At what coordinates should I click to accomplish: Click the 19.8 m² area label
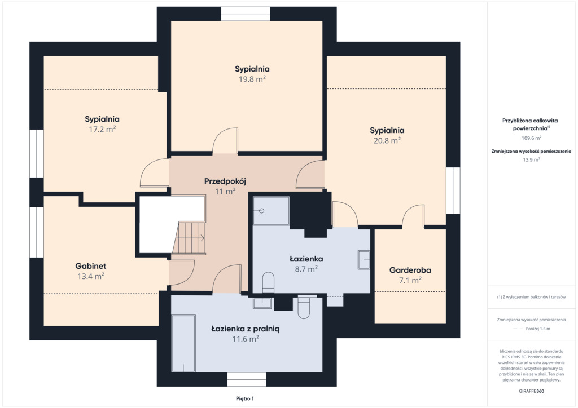pos(252,79)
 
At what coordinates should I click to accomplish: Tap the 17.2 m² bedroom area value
pos(102,129)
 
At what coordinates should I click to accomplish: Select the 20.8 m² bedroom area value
pos(387,140)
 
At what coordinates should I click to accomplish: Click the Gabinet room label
pos(91,265)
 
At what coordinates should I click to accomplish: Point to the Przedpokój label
pos(225,181)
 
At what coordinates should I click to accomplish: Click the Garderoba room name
pos(410,270)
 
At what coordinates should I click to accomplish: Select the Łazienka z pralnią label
pos(245,329)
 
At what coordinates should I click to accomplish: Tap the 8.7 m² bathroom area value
pos(306,269)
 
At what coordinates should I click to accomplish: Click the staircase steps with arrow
pos(189,238)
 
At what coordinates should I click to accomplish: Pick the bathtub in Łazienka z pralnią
pos(183,343)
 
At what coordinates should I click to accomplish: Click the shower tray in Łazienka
pos(271,210)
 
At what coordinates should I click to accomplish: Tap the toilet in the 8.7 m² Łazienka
pos(268,282)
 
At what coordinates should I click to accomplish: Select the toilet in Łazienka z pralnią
pos(304,307)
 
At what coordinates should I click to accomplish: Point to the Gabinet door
pos(182,272)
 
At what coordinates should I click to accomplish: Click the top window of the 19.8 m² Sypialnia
pos(246,14)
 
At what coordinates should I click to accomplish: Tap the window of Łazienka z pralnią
pos(247,379)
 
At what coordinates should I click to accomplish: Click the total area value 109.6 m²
pos(531,138)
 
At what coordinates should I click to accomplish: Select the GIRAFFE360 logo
pos(531,391)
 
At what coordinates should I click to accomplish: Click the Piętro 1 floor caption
pos(245,398)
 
